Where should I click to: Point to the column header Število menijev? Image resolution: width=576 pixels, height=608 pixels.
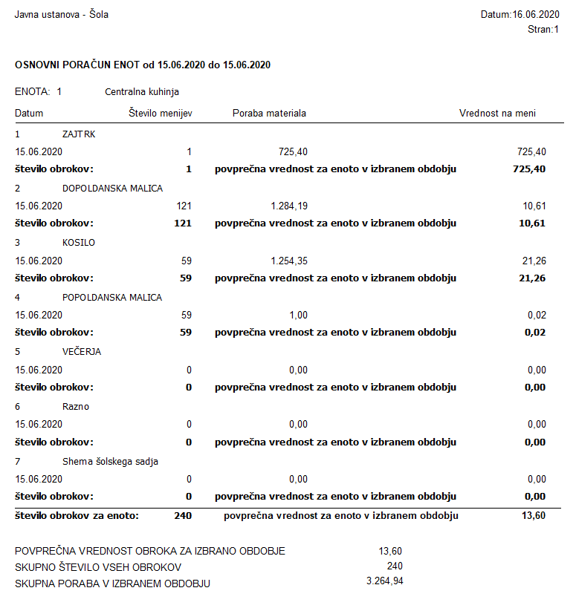pyautogui.click(x=161, y=114)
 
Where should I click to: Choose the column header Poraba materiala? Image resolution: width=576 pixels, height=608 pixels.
pyautogui.click(x=269, y=114)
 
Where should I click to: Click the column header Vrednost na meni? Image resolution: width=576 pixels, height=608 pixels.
pyautogui.click(x=497, y=114)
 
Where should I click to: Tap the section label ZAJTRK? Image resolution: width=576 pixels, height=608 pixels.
pyautogui.click(x=79, y=134)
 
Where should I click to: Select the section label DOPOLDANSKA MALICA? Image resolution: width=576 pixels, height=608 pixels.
pyautogui.click(x=112, y=189)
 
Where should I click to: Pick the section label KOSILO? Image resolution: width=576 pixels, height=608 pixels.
pyautogui.click(x=79, y=243)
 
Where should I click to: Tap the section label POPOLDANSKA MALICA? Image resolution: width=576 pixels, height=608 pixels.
pyautogui.click(x=112, y=298)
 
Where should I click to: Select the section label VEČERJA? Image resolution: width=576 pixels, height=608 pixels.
pyautogui.click(x=82, y=352)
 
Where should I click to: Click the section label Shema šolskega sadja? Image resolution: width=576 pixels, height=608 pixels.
pyautogui.click(x=110, y=462)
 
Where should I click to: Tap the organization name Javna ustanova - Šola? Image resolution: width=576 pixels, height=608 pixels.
pyautogui.click(x=62, y=14)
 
